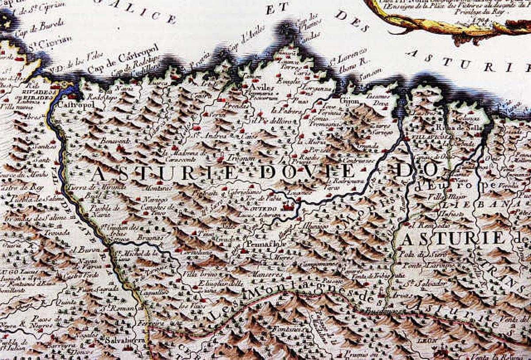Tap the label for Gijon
pos(349,100)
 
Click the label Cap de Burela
pos(39,27)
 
